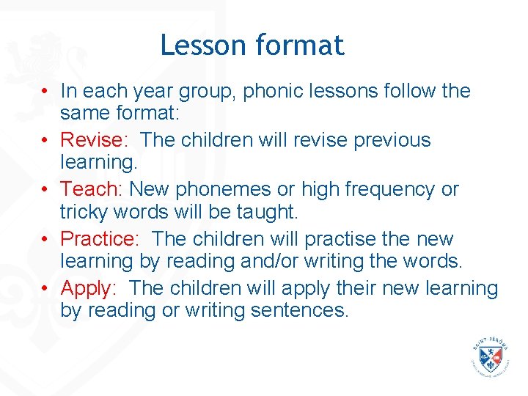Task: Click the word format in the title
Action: [x=300, y=45]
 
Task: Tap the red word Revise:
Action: [x=92, y=140]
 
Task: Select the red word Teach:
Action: [x=92, y=189]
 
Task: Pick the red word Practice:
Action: [x=99, y=239]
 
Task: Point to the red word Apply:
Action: [x=88, y=288]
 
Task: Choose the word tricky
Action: [x=83, y=213]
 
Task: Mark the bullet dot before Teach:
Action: [x=45, y=190]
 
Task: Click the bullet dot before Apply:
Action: [x=45, y=289]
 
